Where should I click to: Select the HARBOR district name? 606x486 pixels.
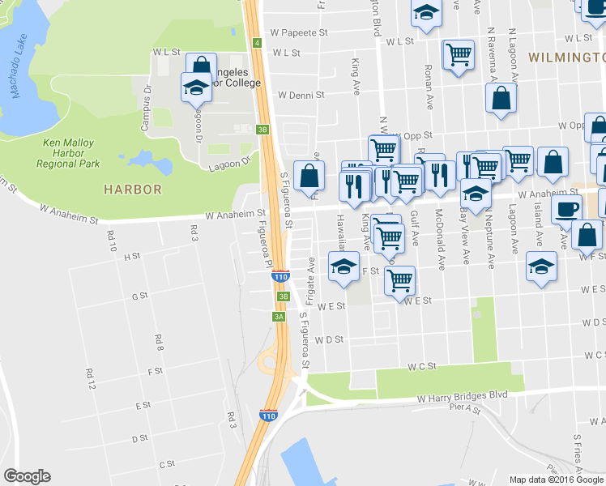click(132, 190)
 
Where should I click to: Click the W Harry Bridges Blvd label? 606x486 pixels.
click(462, 396)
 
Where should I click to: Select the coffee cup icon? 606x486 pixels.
click(566, 208)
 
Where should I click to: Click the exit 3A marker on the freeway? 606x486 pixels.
click(280, 317)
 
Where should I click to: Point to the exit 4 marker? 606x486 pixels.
click(256, 42)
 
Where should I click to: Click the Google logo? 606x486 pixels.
click(27, 476)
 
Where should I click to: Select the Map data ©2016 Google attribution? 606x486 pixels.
click(556, 480)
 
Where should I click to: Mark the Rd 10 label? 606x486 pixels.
click(111, 241)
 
